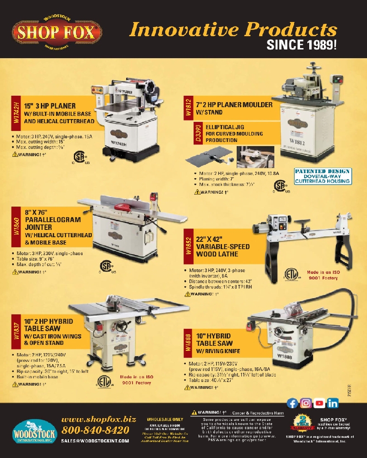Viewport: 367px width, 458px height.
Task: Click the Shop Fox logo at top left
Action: [57, 32]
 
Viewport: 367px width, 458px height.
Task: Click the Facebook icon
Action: [292, 403]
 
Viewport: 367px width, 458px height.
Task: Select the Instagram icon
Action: [306, 403]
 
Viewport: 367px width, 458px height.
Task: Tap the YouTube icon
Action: [320, 403]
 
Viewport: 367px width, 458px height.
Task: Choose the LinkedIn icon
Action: [333, 403]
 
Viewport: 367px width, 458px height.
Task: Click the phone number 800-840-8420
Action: [95, 430]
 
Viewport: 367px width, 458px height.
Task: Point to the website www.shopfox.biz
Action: [99, 419]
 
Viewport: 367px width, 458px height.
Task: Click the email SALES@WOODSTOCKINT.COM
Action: [95, 441]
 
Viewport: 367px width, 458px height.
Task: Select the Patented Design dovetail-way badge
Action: [323, 176]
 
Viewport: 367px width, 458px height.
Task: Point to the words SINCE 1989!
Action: [301, 45]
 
